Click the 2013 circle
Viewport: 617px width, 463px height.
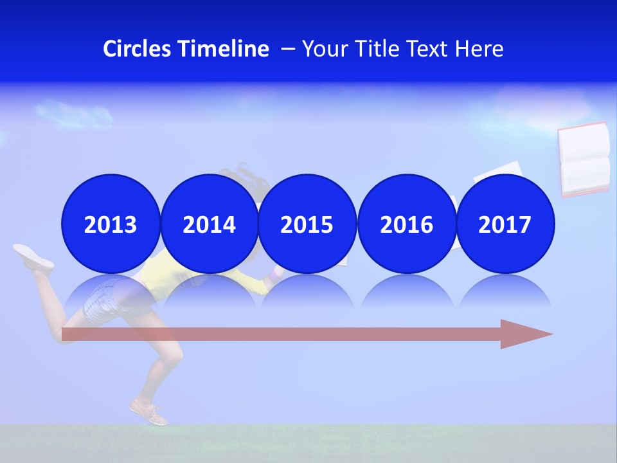coord(111,224)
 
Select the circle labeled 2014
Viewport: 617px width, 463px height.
coord(209,224)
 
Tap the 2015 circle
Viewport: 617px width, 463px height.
coord(307,224)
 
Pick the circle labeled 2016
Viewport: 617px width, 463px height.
coord(406,224)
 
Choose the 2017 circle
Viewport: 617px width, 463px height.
coord(505,224)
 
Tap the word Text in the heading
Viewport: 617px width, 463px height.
coord(431,49)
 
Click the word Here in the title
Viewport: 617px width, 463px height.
coord(479,49)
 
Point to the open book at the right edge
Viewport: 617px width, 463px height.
coord(584,159)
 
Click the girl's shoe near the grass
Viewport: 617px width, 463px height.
coord(148,412)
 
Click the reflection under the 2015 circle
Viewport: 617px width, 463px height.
coord(307,293)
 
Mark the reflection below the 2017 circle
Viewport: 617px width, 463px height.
coord(505,293)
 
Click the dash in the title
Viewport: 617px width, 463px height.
coord(288,49)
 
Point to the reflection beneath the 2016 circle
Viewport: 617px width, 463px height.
coord(406,293)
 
